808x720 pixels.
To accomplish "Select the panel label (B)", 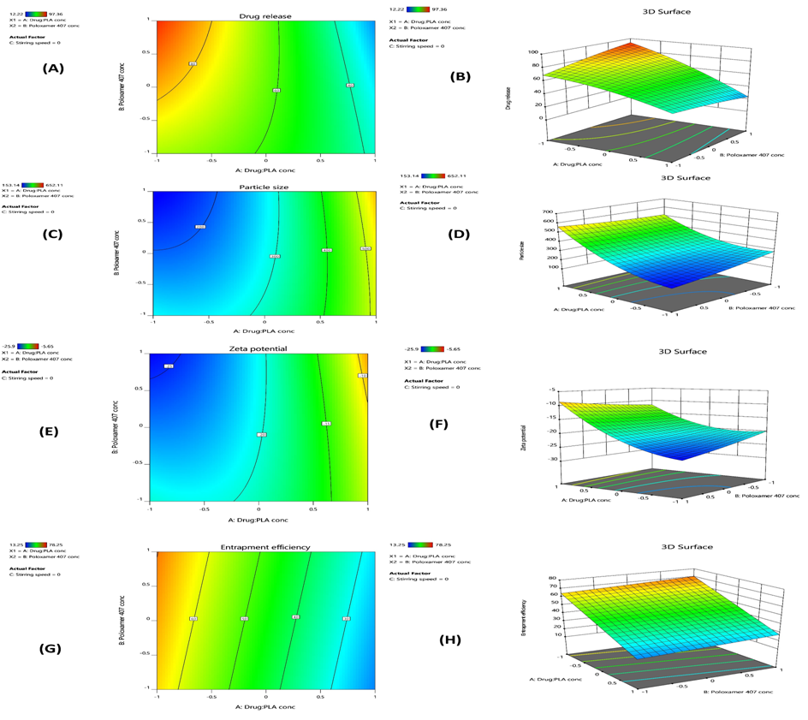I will pos(460,76).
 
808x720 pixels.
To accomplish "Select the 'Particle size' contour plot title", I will pos(264,186).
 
